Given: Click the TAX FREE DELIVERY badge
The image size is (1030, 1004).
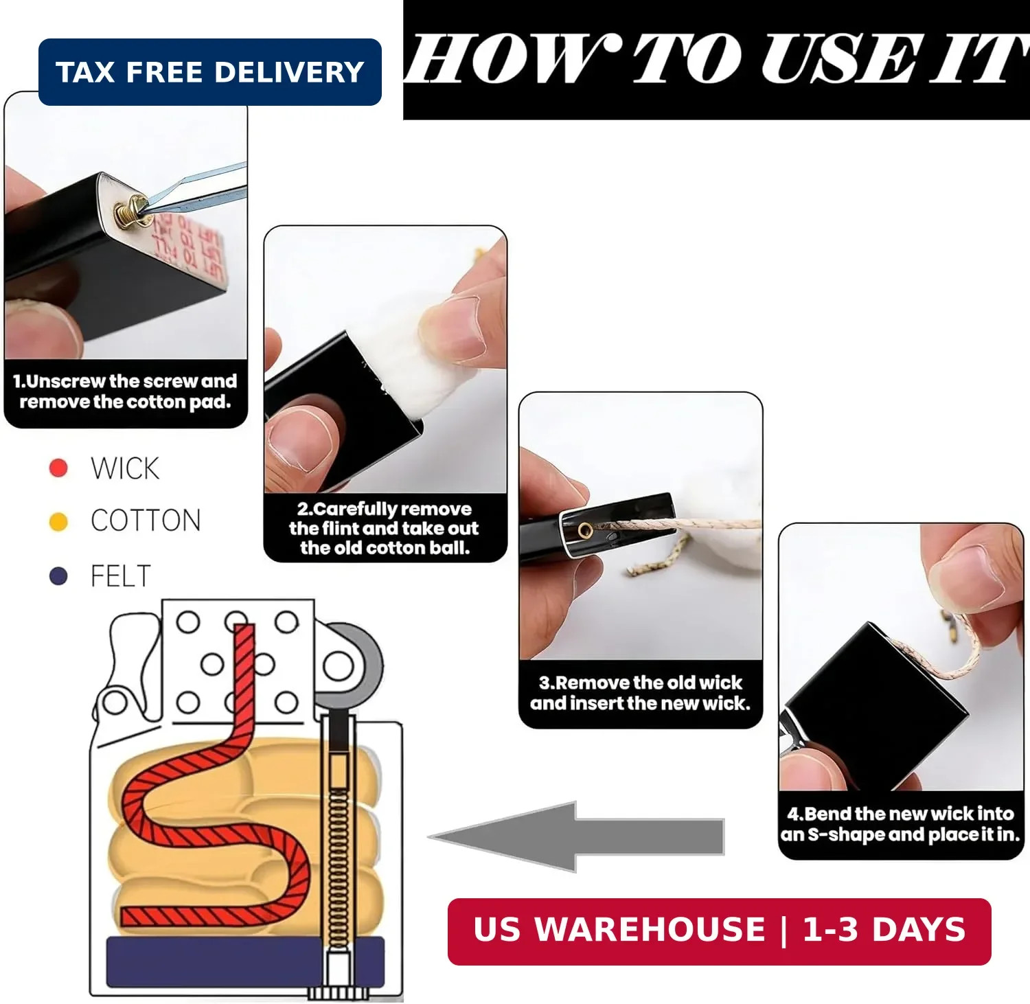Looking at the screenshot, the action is (209, 72).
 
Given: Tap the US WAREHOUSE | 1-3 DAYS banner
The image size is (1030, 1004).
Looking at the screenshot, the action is (719, 931).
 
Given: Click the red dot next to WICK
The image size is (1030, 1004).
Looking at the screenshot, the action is (58, 468).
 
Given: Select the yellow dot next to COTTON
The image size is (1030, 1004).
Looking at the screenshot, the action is (58, 522).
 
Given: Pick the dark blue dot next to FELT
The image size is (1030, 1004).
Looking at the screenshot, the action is (58, 575).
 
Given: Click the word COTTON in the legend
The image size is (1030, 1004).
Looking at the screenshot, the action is (146, 521).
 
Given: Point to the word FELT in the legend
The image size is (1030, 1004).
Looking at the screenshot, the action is (120, 575).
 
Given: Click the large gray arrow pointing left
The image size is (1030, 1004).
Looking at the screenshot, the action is (577, 836).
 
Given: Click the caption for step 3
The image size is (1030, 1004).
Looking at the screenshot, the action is (641, 693).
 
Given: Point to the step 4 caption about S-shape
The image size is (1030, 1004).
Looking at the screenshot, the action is (900, 824).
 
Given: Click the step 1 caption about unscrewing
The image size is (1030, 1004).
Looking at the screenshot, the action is (125, 391).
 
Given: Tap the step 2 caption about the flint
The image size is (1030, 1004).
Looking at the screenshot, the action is (385, 528).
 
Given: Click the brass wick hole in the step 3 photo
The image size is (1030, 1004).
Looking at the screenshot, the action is (585, 530).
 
